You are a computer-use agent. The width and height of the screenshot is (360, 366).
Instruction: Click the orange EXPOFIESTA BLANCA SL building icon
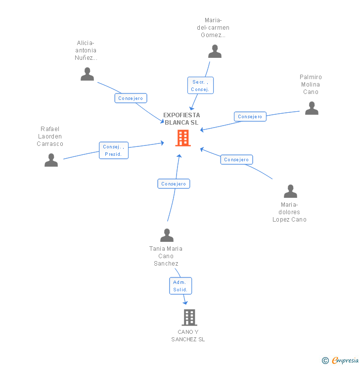coord(182,138)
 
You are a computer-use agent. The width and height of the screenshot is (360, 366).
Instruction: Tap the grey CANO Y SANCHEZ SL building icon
coord(189,317)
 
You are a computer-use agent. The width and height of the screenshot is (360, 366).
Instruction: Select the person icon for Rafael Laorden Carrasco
coord(51,160)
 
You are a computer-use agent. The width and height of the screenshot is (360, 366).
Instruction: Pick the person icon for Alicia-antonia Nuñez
coord(87,74)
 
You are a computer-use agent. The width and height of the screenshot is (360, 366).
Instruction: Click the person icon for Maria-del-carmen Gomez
coord(215,51)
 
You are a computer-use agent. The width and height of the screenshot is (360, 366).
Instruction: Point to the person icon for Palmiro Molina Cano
coord(312,108)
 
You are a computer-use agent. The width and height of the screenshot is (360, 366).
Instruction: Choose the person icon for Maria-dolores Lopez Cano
coord(290,191)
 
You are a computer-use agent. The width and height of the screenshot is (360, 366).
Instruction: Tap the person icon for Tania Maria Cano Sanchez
coord(167,235)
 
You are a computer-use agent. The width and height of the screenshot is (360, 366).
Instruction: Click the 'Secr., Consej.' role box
coord(200,86)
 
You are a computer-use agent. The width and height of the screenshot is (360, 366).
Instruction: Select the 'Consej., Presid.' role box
coord(114,150)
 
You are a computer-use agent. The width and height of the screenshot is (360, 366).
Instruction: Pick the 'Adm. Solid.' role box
coord(180,286)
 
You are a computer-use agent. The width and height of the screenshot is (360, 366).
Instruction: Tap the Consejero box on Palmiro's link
coord(250,117)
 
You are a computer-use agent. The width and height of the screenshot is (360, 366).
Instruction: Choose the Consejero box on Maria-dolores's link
coord(236,160)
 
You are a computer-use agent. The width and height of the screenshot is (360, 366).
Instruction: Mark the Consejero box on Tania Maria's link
coord(174,184)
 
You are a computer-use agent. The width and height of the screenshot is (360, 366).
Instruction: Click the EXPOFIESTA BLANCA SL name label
coord(181,119)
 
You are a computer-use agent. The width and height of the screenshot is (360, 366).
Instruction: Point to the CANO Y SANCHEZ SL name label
coord(188,335)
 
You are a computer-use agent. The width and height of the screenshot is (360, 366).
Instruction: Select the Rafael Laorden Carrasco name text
coord(50,136)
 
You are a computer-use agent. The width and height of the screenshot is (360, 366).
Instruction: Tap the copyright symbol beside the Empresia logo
coord(325,361)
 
